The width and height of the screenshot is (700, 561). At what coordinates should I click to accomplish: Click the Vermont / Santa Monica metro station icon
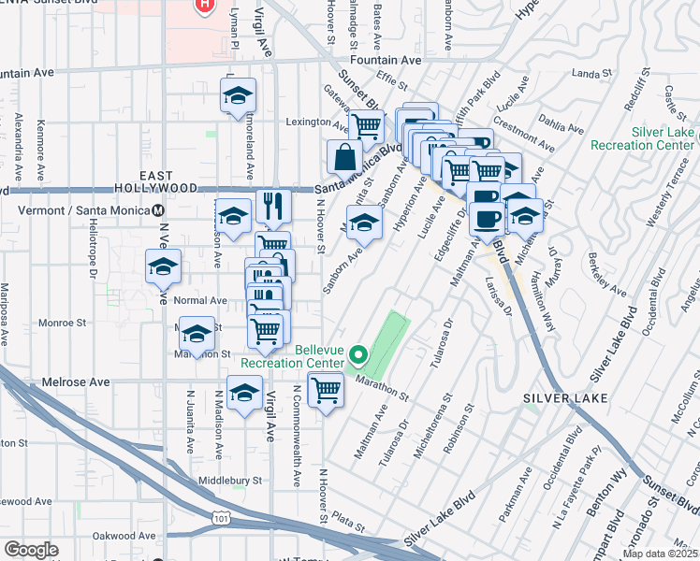click(x=159, y=210)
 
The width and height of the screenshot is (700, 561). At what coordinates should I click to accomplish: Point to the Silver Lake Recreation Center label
click(x=663, y=139)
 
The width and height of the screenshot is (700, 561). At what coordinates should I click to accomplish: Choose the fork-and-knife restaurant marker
click(x=273, y=205)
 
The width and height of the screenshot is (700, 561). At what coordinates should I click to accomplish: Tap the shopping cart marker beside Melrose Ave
click(x=326, y=388)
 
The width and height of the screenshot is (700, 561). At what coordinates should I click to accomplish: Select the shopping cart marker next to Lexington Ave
click(x=367, y=124)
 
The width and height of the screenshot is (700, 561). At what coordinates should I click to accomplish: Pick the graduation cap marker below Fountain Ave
click(x=238, y=94)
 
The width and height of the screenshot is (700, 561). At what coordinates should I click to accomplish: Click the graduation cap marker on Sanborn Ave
click(x=364, y=223)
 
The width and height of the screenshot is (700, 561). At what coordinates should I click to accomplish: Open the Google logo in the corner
click(x=31, y=550)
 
